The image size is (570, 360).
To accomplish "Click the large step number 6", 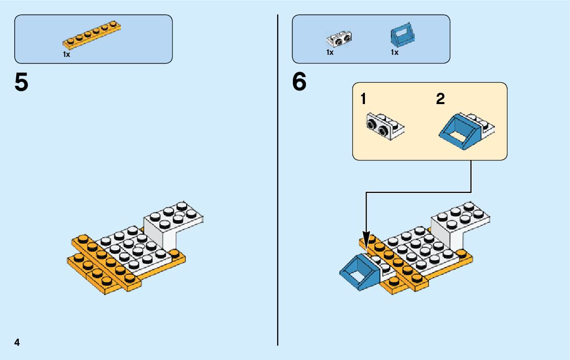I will (299, 83).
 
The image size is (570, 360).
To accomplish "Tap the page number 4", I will (17, 342).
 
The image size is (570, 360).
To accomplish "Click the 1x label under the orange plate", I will (66, 54).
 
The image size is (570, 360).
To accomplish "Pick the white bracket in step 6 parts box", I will (340, 38).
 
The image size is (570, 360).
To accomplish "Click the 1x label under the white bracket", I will (330, 52).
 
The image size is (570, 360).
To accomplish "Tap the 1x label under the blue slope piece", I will (394, 52).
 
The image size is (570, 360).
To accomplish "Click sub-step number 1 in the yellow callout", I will (363, 99).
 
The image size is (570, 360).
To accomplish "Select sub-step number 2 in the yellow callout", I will (440, 99).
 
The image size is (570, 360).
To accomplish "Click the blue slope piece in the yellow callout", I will (459, 129).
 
